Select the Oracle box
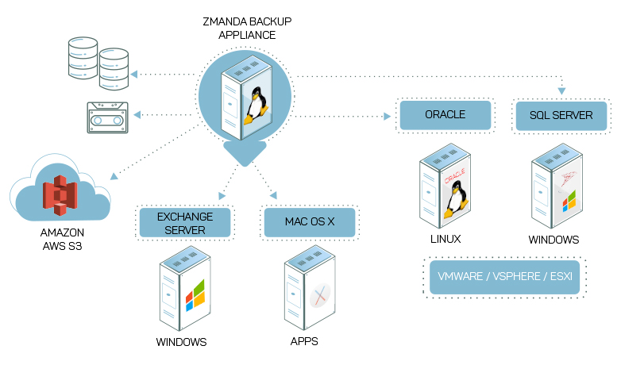(445, 115)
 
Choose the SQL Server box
(561, 116)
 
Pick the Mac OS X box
(310, 223)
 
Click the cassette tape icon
(107, 117)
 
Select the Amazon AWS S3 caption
(62, 240)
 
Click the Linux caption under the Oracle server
(444, 239)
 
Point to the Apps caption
(305, 343)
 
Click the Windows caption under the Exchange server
(181, 343)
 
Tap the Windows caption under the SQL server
(553, 239)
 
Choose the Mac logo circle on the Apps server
(320, 295)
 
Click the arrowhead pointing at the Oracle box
(388, 117)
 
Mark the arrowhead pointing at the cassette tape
(137, 116)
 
